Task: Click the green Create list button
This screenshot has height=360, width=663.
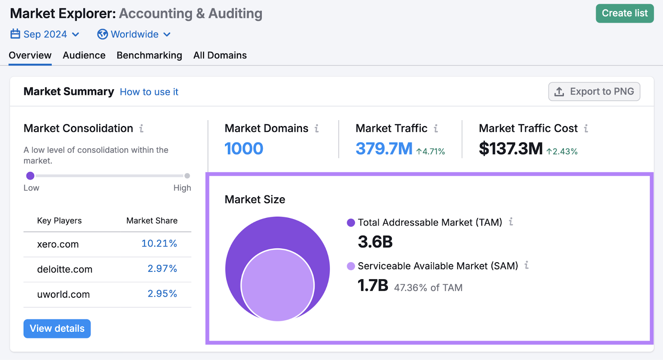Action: pyautogui.click(x=624, y=13)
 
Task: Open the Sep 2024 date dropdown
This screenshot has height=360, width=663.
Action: pyautogui.click(x=45, y=34)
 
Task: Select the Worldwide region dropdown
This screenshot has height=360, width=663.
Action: pyautogui.click(x=134, y=34)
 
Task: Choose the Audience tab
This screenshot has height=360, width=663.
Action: pyautogui.click(x=84, y=56)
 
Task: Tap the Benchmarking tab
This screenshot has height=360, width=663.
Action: pyautogui.click(x=149, y=56)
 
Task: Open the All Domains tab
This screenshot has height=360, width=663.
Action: pyautogui.click(x=220, y=56)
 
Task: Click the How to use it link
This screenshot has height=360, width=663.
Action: pyautogui.click(x=149, y=92)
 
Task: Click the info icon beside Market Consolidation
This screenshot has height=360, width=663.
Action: pyautogui.click(x=141, y=128)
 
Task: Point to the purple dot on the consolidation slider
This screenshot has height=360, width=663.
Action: pyautogui.click(x=30, y=176)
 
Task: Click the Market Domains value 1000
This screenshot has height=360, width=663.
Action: pyautogui.click(x=244, y=149)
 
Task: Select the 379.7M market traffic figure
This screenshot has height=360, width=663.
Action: pyautogui.click(x=384, y=149)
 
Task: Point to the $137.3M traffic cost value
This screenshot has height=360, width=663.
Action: pyautogui.click(x=511, y=149)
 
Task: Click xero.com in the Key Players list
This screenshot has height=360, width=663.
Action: pyautogui.click(x=58, y=244)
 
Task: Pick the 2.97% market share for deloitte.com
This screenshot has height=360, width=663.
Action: pyautogui.click(x=162, y=269)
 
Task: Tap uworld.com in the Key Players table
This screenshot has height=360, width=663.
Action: pyautogui.click(x=63, y=295)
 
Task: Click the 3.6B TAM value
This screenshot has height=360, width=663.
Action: pyautogui.click(x=375, y=242)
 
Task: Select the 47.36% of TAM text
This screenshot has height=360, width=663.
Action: pyautogui.click(x=428, y=288)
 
